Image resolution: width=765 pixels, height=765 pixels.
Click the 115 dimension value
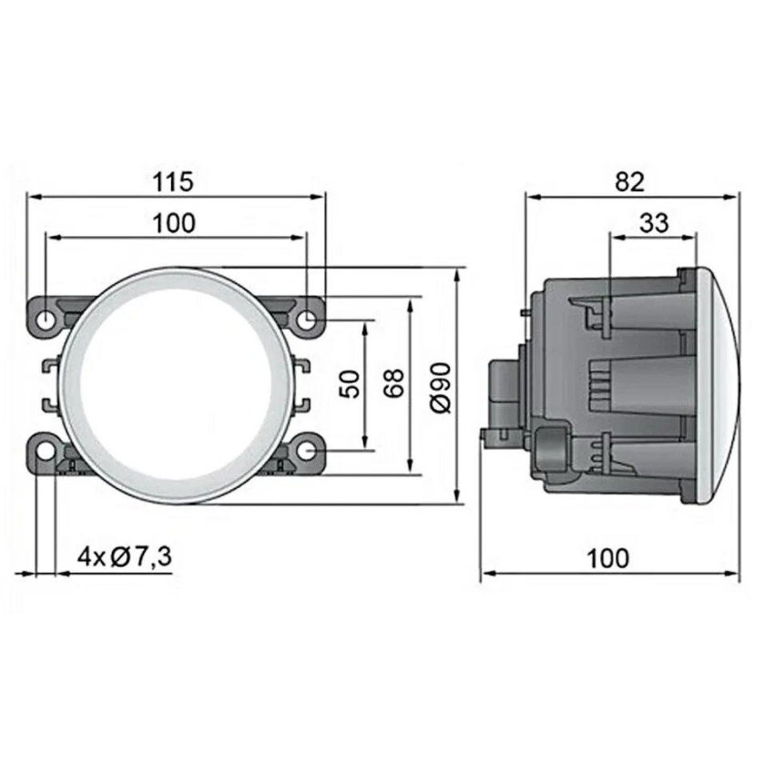pyautogui.click(x=173, y=181)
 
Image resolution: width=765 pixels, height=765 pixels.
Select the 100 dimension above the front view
pyautogui.click(x=173, y=223)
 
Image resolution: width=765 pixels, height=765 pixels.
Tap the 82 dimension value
pyautogui.click(x=628, y=181)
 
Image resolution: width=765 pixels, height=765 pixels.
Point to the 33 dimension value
pyautogui.click(x=653, y=222)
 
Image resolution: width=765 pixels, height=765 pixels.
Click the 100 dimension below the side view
pyautogui.click(x=607, y=557)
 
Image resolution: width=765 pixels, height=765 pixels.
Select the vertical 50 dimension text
pyautogui.click(x=351, y=384)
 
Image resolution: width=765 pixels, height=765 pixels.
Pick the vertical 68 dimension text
pyautogui.click(x=394, y=384)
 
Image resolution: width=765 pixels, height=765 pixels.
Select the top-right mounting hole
pyautogui.click(x=309, y=319)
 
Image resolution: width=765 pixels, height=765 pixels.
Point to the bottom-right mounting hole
pyautogui.click(x=309, y=450)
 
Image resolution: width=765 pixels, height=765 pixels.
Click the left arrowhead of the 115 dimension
pyautogui.click(x=33, y=195)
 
